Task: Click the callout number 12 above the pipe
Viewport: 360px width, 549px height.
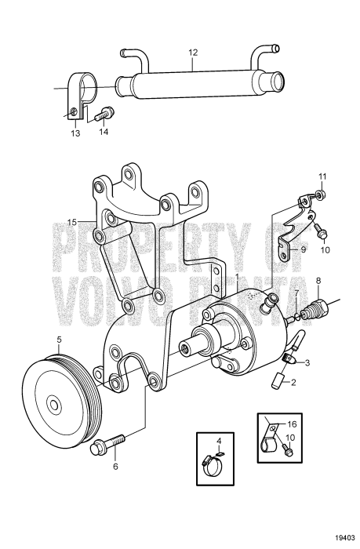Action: click(193, 53)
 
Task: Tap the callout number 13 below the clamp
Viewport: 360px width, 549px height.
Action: click(75, 133)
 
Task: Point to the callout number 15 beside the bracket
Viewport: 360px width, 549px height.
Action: click(72, 222)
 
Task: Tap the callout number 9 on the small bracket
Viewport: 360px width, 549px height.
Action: click(303, 249)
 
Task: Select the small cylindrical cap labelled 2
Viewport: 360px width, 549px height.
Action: click(278, 380)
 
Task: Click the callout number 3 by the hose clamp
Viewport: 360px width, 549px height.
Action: click(307, 362)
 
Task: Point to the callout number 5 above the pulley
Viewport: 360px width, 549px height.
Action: click(59, 340)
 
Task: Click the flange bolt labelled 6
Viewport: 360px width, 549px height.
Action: click(107, 444)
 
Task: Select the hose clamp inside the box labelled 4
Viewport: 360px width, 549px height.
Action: click(212, 467)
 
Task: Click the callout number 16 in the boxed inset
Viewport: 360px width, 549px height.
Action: click(292, 424)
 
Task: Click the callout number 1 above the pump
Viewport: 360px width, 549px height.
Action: click(238, 278)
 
